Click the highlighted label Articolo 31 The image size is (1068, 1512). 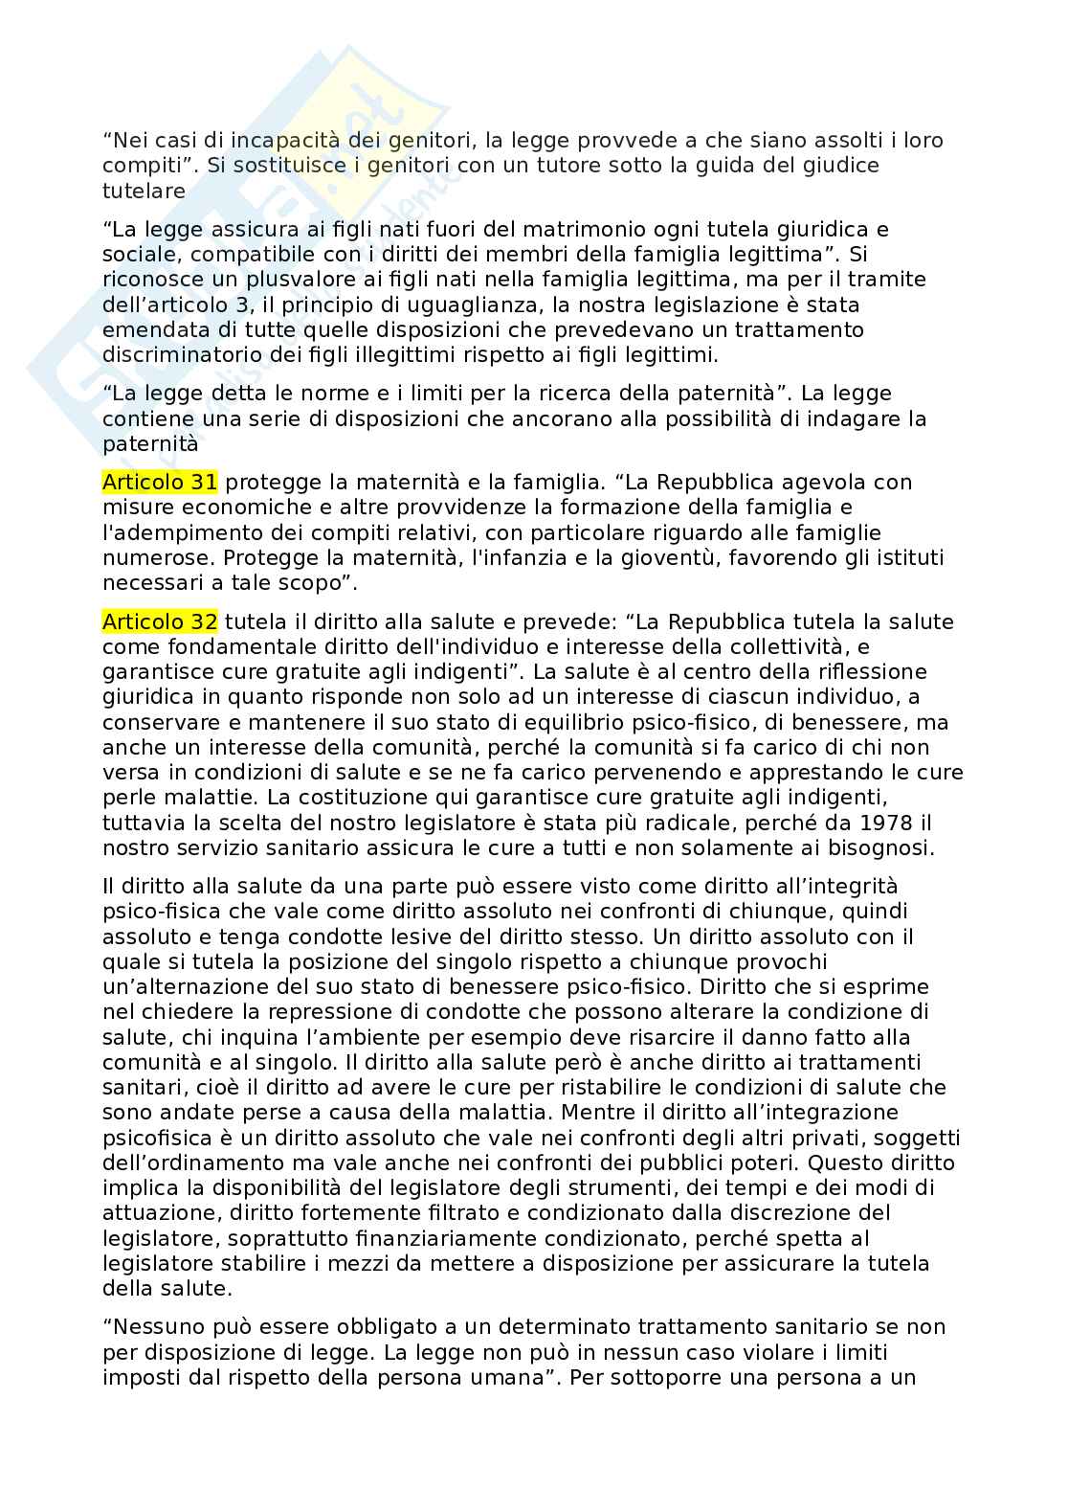coord(160,482)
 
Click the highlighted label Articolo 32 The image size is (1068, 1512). coord(160,622)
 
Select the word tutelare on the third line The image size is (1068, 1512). coord(144,191)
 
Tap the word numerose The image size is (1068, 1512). coord(146,557)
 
